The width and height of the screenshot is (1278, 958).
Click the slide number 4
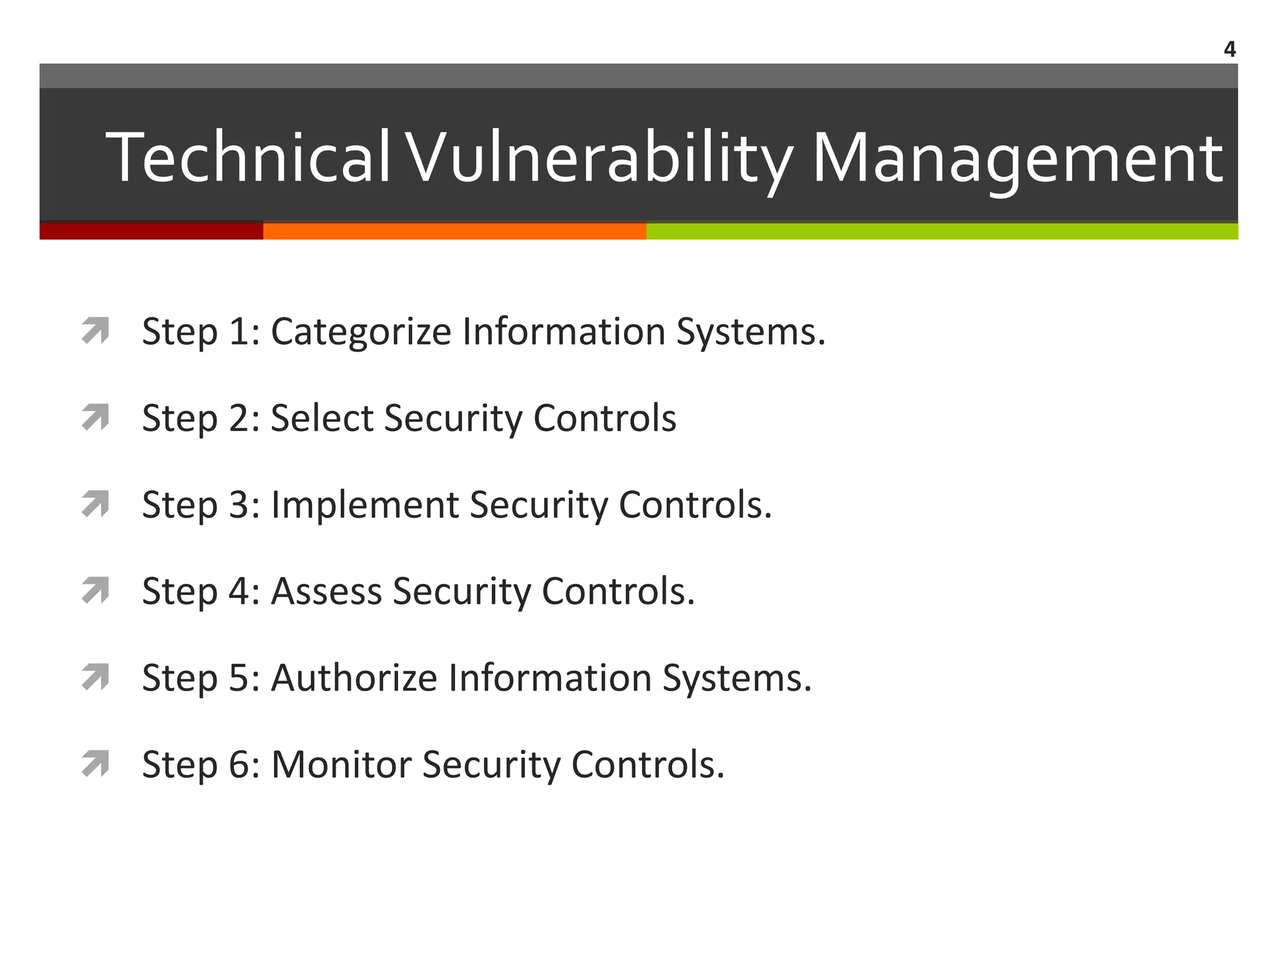coord(1229,49)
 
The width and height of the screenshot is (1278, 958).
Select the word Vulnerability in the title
coord(600,157)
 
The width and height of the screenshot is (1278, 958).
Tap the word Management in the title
coord(1017,157)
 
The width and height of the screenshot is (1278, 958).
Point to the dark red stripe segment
coord(151,231)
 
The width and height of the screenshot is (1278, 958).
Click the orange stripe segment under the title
coord(454,231)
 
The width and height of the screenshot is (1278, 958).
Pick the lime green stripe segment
coord(942,231)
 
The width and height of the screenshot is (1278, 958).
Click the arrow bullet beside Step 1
coord(95,331)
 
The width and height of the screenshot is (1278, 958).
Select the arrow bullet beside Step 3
coord(95,504)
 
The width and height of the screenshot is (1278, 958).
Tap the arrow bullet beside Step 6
coord(95,764)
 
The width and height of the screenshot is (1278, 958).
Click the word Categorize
coord(361,332)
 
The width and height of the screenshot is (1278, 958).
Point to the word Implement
coord(364,504)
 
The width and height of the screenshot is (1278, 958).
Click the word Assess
coord(326,591)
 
